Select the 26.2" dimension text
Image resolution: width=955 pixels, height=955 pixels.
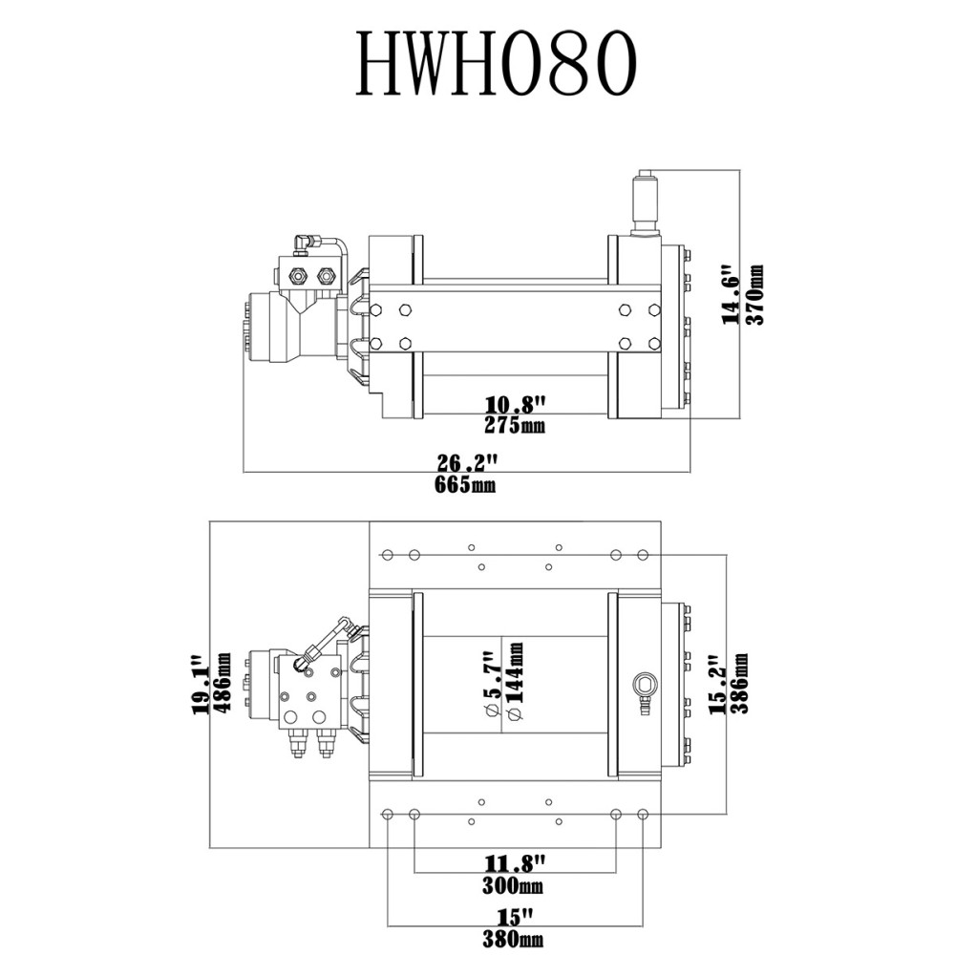click(469, 463)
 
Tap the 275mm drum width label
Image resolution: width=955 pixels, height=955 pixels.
click(515, 425)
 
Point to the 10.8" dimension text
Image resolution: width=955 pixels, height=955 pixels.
click(516, 405)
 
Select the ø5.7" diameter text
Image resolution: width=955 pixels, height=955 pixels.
click(491, 685)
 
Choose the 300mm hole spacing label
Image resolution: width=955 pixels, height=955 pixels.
click(515, 885)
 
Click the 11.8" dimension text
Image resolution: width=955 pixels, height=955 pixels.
click(515, 864)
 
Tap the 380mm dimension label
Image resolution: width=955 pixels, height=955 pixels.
click(515, 939)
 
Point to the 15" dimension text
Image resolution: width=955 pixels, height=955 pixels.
click(515, 918)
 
